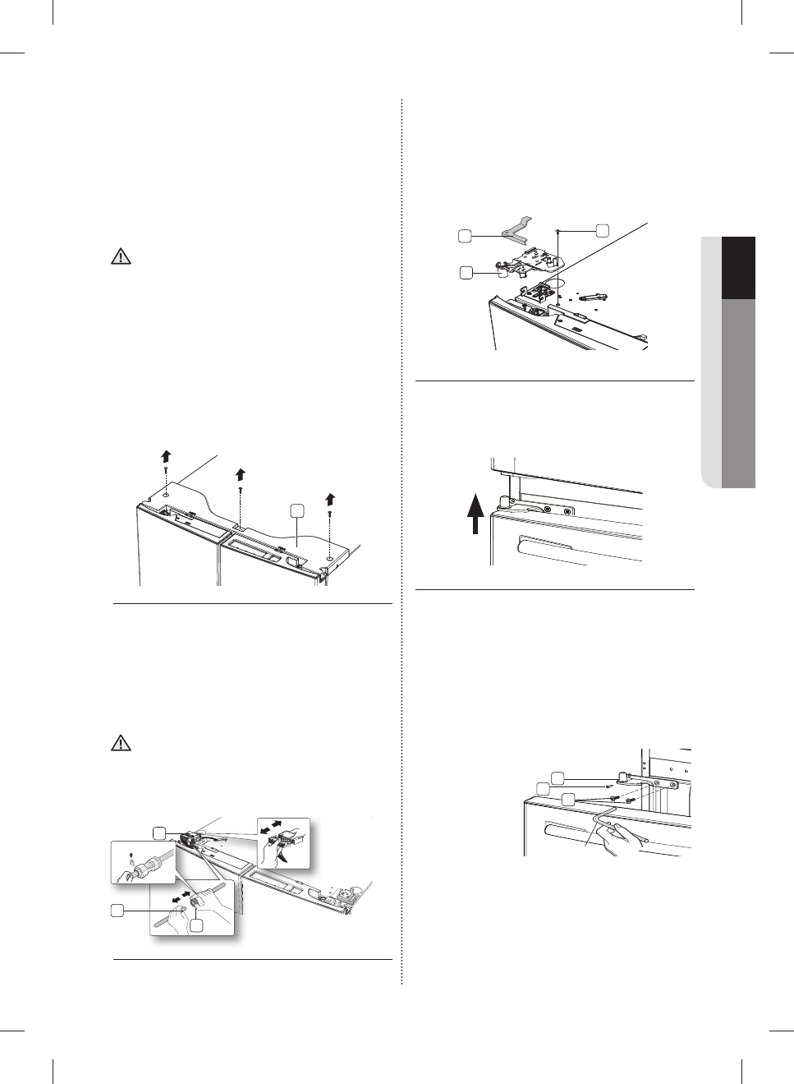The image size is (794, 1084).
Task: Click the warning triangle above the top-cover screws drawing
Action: [x=121, y=257]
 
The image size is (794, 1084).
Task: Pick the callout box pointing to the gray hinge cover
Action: [x=465, y=236]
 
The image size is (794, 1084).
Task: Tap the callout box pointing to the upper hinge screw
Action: [x=602, y=230]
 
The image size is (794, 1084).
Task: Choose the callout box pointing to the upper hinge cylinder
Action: [x=466, y=271]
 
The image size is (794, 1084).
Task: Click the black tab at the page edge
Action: [x=738, y=268]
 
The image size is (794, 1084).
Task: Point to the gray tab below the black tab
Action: [x=738, y=394]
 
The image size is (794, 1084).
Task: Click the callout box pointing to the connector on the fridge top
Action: [x=160, y=833]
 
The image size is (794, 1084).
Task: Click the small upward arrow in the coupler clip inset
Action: [x=133, y=855]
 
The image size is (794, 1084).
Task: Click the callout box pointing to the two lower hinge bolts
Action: [x=568, y=798]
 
